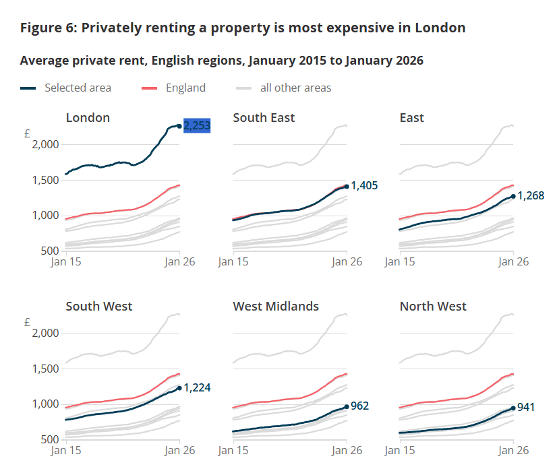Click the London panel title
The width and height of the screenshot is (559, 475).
pos(88,118)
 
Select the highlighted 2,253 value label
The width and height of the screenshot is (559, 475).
pos(197,126)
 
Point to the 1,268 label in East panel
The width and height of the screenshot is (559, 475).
pos(531,196)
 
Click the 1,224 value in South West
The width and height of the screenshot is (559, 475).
pos(197,387)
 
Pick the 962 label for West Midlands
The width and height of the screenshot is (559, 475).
pos(360,406)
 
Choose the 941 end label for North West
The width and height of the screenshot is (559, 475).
pos(527,408)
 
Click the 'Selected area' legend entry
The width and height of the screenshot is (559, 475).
pos(78,88)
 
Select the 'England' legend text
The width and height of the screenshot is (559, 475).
pos(185,88)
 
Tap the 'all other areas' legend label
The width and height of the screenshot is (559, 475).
pos(295,88)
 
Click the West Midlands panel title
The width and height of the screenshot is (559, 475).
pos(276,307)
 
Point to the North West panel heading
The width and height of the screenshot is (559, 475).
pos(433,307)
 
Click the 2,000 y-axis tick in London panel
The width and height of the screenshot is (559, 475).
pos(46,145)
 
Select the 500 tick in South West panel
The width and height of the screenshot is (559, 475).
pos(51,439)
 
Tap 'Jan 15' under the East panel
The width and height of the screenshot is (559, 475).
pos(400,261)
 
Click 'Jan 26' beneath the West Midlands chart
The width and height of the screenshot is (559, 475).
pos(347,450)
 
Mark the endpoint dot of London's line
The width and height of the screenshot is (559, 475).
pos(179,126)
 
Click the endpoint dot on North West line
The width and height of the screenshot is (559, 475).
pos(513,408)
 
